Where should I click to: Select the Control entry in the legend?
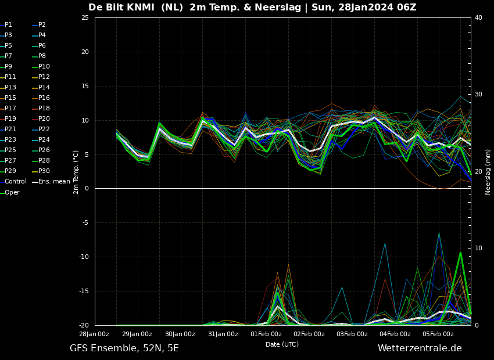13,182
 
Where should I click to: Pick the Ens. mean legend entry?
51,182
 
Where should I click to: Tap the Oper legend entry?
10,192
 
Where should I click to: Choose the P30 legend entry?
41,171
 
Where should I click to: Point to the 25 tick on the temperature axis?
85,17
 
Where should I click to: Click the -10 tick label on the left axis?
84,257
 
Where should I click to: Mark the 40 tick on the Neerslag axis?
478,17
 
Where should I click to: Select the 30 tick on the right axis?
478,95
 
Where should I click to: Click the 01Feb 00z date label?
266,334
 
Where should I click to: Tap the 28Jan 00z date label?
94,334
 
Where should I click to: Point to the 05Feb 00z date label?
438,334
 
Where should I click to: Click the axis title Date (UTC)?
282,344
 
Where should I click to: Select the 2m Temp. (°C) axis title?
76,172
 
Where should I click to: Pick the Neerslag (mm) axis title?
488,172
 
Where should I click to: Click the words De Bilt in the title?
106,7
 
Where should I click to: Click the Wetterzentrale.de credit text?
420,348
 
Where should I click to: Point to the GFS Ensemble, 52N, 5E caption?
124,348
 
